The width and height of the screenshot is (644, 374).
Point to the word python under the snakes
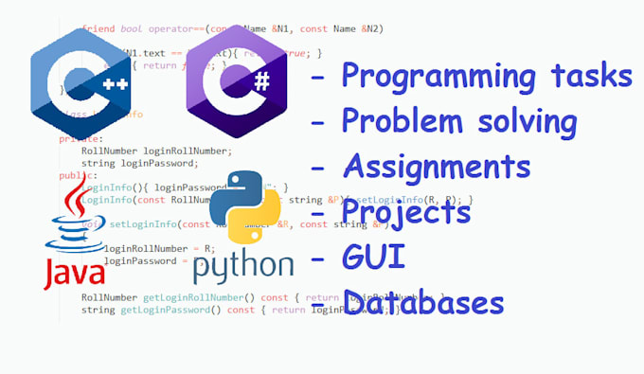243,264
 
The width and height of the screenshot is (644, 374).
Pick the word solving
524,121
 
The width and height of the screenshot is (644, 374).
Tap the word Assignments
436,167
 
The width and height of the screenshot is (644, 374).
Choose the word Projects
406,213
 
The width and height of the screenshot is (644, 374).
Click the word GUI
372,257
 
